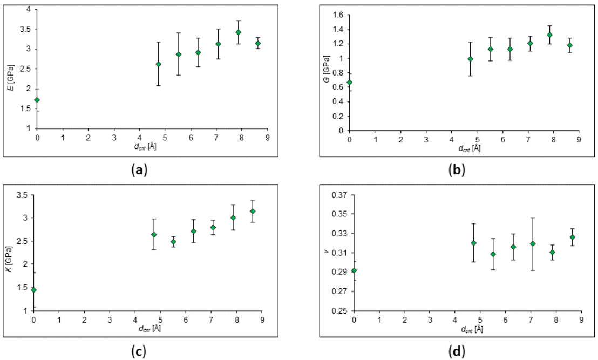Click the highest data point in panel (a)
(238, 32)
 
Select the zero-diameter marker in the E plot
(37, 100)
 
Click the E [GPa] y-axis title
(11, 69)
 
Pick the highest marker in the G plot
(549, 35)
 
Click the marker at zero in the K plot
(33, 290)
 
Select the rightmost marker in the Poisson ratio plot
(572, 237)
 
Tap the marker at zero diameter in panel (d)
(354, 270)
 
